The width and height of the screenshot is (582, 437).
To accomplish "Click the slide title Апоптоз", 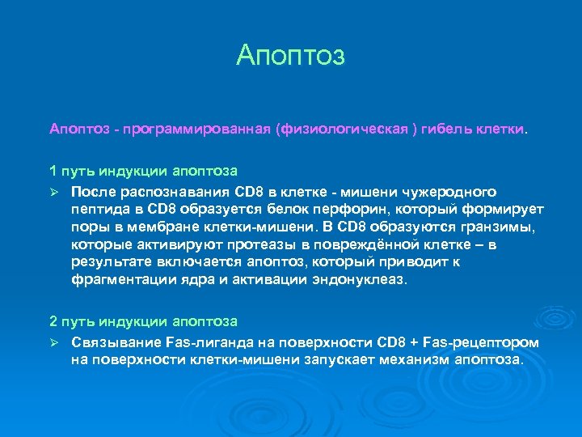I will (291, 55).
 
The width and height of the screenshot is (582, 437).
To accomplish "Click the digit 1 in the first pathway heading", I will (53, 171).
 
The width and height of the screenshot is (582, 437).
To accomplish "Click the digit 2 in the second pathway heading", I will (53, 322).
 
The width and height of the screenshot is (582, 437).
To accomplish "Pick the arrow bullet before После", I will (54, 192).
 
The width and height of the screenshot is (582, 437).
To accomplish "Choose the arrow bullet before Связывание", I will (54, 343).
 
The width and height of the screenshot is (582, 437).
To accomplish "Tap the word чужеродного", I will (449, 192).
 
